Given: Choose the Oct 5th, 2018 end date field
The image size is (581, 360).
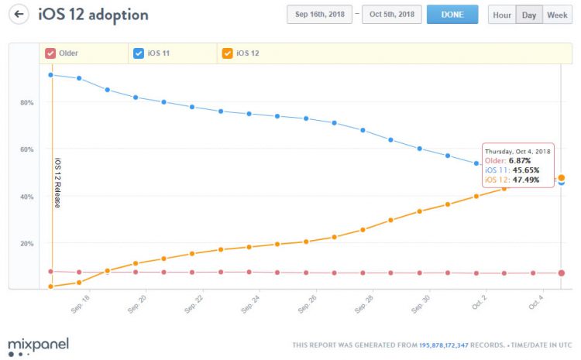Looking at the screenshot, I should pyautogui.click(x=391, y=15).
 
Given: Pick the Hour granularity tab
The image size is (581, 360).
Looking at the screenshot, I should pyautogui.click(x=501, y=15).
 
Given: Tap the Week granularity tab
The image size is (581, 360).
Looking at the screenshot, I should pyautogui.click(x=557, y=15).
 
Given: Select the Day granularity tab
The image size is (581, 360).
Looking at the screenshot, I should pyautogui.click(x=529, y=15).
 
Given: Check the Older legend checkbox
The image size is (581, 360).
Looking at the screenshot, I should pyautogui.click(x=50, y=53).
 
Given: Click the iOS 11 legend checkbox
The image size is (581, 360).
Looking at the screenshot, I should pyautogui.click(x=139, y=53).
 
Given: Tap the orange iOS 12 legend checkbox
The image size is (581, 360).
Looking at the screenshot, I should pyautogui.click(x=227, y=53).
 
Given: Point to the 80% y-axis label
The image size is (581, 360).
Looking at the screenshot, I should pyautogui.click(x=26, y=102).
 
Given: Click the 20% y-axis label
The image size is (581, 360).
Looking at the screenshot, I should pyautogui.click(x=26, y=243).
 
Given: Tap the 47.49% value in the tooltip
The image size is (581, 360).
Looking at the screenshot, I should pyautogui.click(x=524, y=180).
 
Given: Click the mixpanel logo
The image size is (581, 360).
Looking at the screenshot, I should pyautogui.click(x=38, y=344).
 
